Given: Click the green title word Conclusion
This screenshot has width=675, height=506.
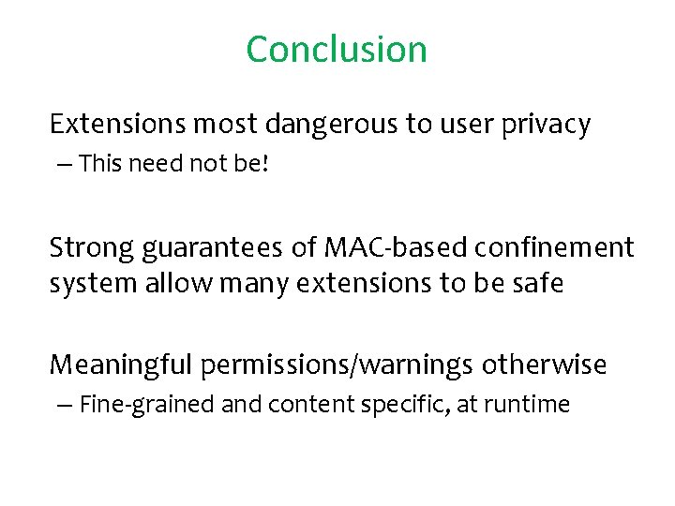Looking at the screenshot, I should (x=337, y=49).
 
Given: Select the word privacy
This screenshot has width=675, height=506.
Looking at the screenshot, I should (x=547, y=125).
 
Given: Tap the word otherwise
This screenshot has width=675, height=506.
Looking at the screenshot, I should (x=546, y=364).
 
